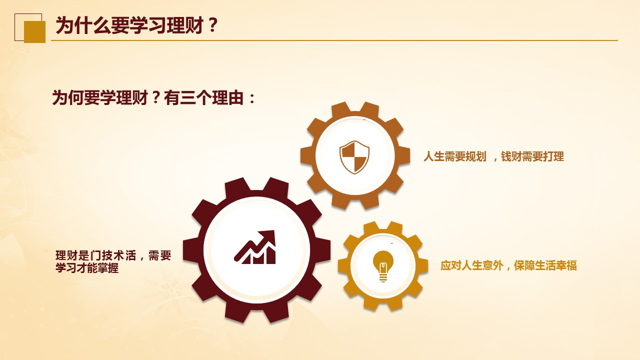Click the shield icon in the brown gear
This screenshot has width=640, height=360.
[354, 157]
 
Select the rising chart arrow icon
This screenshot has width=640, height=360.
[255, 247]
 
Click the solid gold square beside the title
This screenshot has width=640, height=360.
[34, 31]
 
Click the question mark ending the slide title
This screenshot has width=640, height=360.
[213, 25]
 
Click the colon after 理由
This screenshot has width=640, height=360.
[252, 99]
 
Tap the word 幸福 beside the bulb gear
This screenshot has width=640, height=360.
[566, 265]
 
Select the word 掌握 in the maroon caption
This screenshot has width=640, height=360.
[108, 267]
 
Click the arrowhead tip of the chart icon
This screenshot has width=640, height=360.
[274, 231]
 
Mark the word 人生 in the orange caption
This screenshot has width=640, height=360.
[433, 156]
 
